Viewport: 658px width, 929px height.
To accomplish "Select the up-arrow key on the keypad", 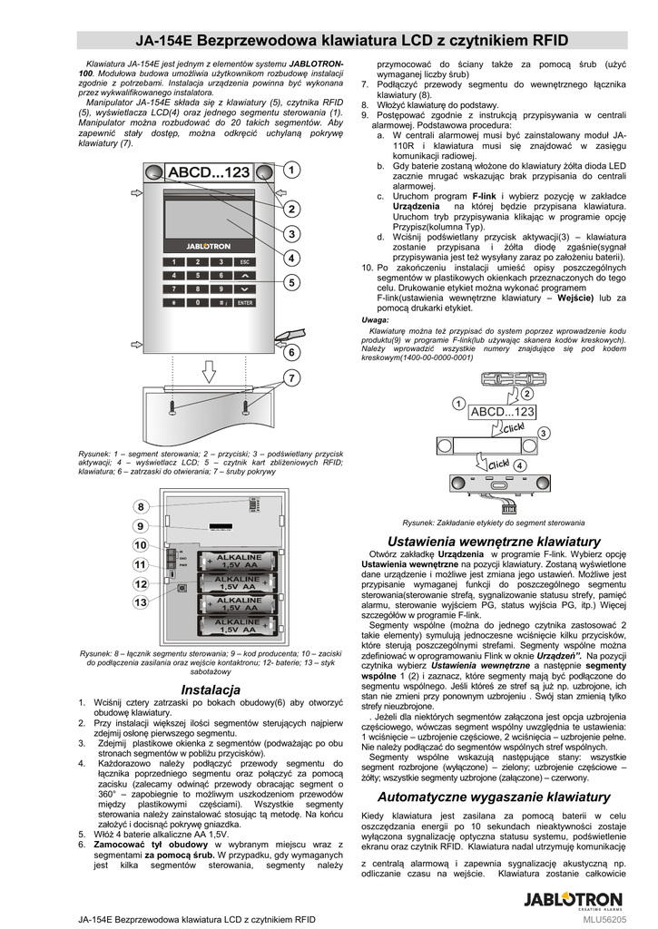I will [245, 275].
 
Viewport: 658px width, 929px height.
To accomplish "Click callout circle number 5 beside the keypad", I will [291, 282].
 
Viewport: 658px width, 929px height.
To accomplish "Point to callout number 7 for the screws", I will [291, 376].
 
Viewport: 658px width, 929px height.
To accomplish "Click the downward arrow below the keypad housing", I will [209, 371].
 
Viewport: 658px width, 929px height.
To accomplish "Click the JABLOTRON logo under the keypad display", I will [208, 244].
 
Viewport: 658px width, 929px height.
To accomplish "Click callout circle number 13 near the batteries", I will [141, 601].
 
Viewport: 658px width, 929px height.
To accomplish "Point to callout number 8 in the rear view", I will [141, 505].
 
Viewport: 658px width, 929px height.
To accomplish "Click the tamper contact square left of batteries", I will [182, 587].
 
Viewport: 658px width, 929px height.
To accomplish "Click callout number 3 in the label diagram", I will [544, 434].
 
